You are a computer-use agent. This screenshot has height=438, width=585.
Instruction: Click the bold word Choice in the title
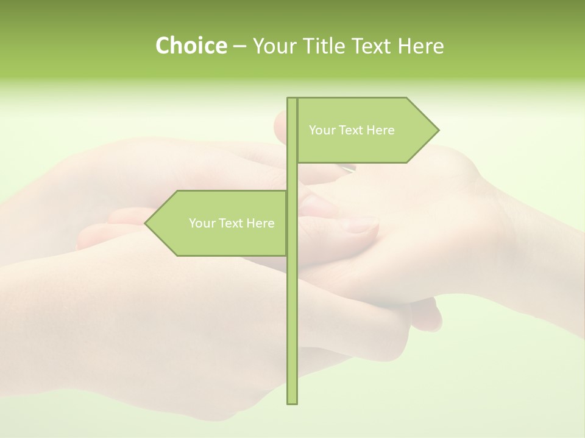point(191,46)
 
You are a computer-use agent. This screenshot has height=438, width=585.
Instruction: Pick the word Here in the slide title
point(421,46)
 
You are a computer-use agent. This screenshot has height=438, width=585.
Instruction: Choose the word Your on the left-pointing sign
point(201,223)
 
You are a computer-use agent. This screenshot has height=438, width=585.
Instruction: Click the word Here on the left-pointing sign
point(260,223)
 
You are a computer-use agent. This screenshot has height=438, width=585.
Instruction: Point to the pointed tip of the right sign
point(438,130)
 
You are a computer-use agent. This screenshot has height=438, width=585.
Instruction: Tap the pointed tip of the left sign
point(146,223)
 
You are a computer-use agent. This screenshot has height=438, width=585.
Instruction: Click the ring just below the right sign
point(348,169)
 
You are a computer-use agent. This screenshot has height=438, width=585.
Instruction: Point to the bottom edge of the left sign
point(232,255)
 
